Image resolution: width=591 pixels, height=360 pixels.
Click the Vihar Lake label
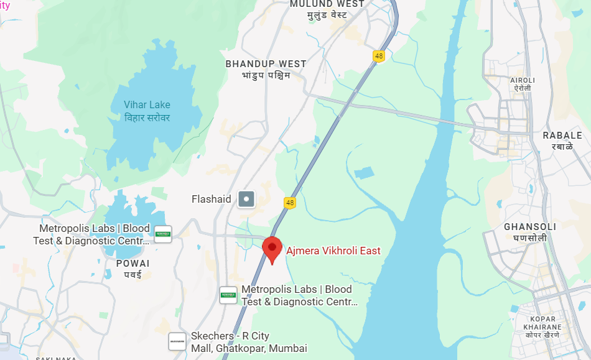tap(147, 105)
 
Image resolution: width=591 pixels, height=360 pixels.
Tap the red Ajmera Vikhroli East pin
tap(272, 249)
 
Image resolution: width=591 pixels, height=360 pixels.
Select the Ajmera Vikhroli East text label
tap(333, 251)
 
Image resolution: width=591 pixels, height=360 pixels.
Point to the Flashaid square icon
tap(248, 199)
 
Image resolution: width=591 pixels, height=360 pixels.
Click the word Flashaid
tap(212, 200)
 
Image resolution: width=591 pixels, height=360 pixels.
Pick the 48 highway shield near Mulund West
tap(379, 56)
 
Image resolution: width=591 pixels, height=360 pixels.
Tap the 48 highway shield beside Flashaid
tap(289, 203)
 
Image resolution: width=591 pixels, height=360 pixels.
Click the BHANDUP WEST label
tap(266, 63)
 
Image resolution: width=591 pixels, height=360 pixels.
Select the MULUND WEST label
tap(327, 4)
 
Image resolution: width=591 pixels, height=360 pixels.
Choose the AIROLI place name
tap(522, 80)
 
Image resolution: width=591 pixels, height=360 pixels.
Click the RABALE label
tap(562, 136)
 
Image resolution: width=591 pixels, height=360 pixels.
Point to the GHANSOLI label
tap(530, 226)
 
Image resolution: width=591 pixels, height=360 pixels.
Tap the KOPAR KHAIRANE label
tap(542, 323)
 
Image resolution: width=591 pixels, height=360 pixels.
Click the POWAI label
tap(133, 264)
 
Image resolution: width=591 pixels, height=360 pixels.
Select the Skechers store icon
tap(177, 341)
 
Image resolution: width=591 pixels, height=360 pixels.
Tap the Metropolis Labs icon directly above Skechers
tap(228, 295)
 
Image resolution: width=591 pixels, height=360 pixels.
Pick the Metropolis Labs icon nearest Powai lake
tap(163, 234)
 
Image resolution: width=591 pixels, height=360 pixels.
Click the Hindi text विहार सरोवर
tap(147, 118)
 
